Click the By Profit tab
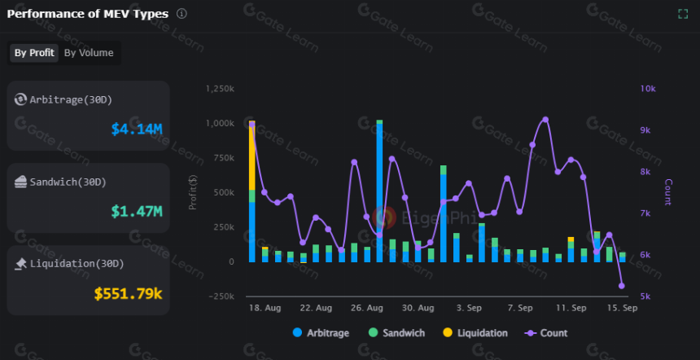click(x=34, y=53)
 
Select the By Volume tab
click(x=89, y=53)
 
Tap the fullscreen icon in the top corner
click(x=683, y=14)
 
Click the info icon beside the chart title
click(x=182, y=14)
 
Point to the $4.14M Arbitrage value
click(x=137, y=130)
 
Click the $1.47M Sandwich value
click(x=137, y=211)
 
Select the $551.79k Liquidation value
click(x=128, y=293)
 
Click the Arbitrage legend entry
click(x=321, y=333)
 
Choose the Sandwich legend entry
click(x=397, y=333)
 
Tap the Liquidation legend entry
click(x=476, y=333)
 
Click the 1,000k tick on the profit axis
click(x=219, y=123)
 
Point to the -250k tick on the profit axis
click(x=221, y=296)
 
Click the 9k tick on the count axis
click(x=648, y=130)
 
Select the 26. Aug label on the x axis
click(x=367, y=308)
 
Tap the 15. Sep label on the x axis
click(x=622, y=308)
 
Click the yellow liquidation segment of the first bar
click(x=252, y=156)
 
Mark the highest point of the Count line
click(x=545, y=120)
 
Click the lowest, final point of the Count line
click(x=621, y=286)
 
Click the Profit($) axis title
click(x=193, y=192)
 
